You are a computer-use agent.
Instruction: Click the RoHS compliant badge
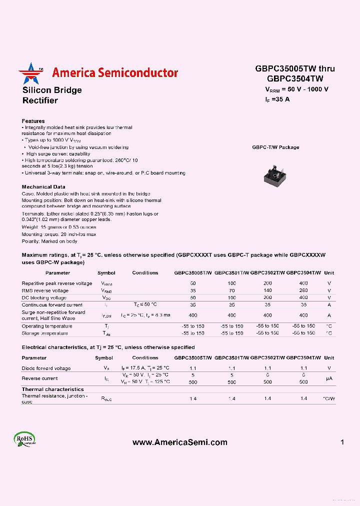24,440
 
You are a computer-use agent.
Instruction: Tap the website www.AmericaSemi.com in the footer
179,442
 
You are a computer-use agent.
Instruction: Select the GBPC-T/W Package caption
275,147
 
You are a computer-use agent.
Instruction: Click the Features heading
33,121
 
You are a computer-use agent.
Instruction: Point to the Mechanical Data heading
43,186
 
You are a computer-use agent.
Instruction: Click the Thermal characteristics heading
52,389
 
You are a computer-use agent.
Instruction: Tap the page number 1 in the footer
342,442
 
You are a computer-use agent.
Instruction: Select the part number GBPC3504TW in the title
295,78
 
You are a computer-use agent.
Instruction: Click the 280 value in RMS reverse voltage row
303,290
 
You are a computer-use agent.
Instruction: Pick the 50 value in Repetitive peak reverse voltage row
193,283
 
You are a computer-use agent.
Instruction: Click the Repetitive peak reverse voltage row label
57,283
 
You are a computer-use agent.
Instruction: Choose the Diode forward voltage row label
46,368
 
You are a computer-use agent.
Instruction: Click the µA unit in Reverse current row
329,378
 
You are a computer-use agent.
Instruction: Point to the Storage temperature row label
44,333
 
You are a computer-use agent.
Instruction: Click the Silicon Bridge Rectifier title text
52,95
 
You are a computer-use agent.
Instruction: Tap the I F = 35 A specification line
277,99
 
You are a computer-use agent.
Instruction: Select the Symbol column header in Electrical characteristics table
104,358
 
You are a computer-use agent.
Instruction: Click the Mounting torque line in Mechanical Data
58,234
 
